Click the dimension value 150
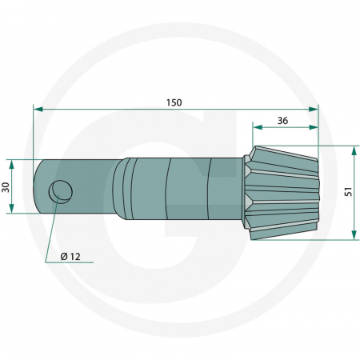point(174,102)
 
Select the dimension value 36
point(282,121)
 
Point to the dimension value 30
point(6,186)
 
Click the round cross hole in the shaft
point(60,190)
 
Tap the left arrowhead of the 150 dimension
point(37,108)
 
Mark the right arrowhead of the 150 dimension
point(314,108)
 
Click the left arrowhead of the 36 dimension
point(256,126)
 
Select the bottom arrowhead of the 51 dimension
point(352,234)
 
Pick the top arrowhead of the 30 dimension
point(12,163)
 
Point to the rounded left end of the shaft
point(38,186)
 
